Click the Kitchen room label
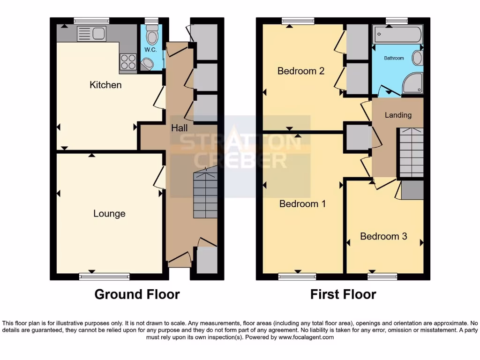point(105,85)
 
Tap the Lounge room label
point(109,214)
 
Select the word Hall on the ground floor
point(179,127)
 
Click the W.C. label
point(150,50)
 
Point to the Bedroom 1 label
point(302,204)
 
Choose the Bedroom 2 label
point(301,71)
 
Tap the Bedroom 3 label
point(383,236)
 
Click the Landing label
point(398,115)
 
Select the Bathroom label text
point(394,58)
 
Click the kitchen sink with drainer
point(91,34)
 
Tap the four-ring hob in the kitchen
point(128,62)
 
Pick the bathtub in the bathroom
point(397,34)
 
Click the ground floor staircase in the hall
point(205,194)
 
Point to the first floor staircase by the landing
point(411,152)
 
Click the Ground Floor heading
point(137,294)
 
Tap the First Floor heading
point(343,294)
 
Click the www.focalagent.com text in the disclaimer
point(306,337)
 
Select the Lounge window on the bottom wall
point(104,277)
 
